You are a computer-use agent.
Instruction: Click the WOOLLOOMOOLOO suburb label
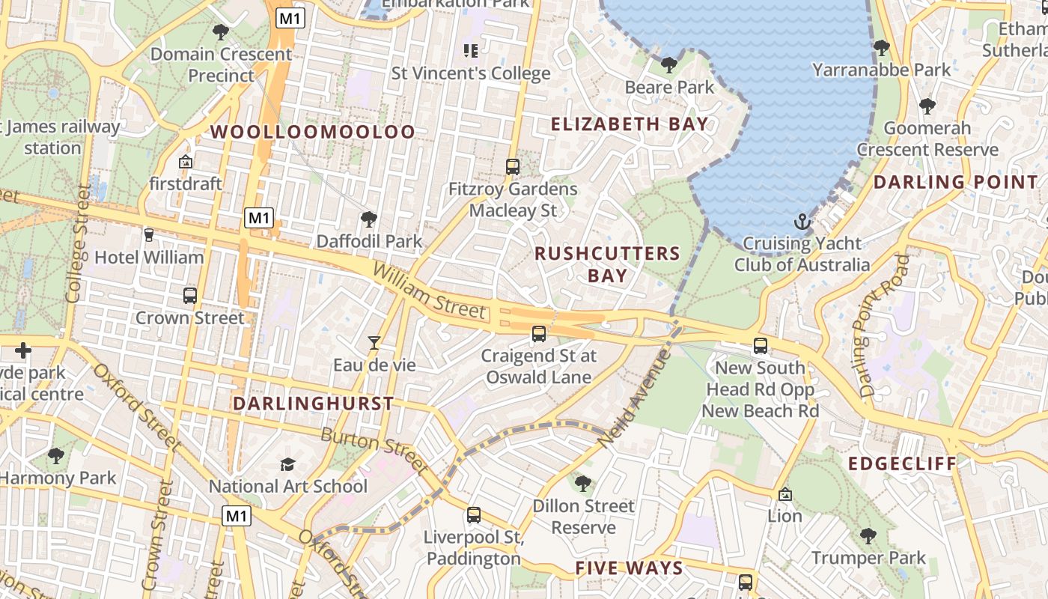click(312, 133)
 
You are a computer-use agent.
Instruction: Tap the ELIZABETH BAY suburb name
click(630, 124)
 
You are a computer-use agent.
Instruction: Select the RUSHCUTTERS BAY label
click(607, 264)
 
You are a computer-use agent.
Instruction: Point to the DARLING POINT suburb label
click(956, 182)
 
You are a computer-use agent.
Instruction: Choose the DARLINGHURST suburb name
click(313, 404)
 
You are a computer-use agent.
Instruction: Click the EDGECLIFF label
click(902, 463)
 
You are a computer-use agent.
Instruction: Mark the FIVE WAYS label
click(629, 568)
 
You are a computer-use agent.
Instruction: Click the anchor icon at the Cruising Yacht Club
click(802, 222)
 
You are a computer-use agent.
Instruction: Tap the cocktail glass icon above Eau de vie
click(374, 343)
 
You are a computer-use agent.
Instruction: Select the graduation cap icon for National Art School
click(288, 464)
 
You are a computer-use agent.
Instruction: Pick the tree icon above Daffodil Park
click(368, 219)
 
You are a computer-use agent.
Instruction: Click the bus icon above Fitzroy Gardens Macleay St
click(513, 167)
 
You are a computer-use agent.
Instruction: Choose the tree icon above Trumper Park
click(868, 536)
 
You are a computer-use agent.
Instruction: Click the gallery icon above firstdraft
click(186, 162)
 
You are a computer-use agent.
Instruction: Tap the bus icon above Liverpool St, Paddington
click(473, 515)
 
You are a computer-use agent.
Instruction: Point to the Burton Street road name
click(374, 451)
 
